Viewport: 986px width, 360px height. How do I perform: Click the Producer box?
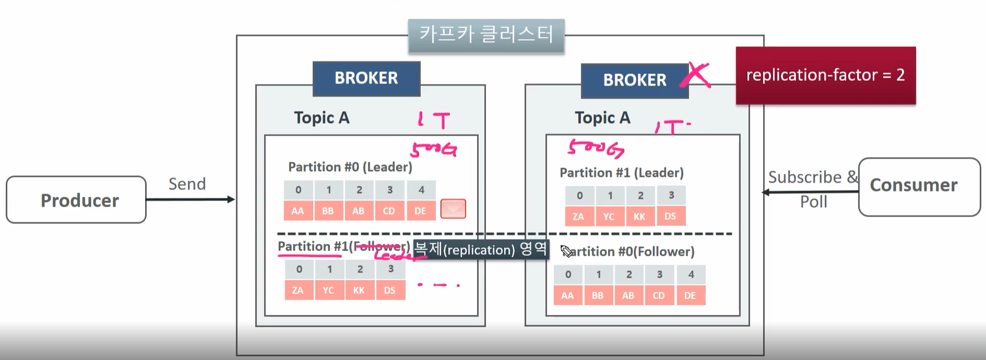coord(76,200)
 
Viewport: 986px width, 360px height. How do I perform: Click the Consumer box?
coord(919,186)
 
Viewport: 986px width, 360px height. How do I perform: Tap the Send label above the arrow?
coord(187,184)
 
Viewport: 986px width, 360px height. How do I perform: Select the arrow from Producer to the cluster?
coord(191,199)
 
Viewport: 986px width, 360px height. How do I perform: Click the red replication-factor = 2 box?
coord(825,75)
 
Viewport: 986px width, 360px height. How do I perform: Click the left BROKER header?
coord(366,78)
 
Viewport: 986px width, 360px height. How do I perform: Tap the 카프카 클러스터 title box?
coord(486,35)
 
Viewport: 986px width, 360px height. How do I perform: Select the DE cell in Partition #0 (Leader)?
coord(420,211)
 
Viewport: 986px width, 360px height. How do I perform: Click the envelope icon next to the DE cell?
coord(453,209)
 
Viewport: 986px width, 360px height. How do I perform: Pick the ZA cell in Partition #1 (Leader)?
coord(578,217)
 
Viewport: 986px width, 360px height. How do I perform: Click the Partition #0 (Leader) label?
coord(350,167)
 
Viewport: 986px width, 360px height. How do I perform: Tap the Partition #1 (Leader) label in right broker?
coord(621,173)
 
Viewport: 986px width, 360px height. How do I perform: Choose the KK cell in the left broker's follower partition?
coord(359,290)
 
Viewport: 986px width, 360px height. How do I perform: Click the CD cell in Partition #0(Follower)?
coord(659,295)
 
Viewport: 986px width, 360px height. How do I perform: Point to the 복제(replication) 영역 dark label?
coord(480,249)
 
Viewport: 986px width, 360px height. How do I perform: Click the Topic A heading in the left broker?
coord(322,118)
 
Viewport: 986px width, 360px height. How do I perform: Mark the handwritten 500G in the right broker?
coord(596,149)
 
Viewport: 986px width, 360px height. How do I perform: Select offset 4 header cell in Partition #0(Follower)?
coord(691,274)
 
